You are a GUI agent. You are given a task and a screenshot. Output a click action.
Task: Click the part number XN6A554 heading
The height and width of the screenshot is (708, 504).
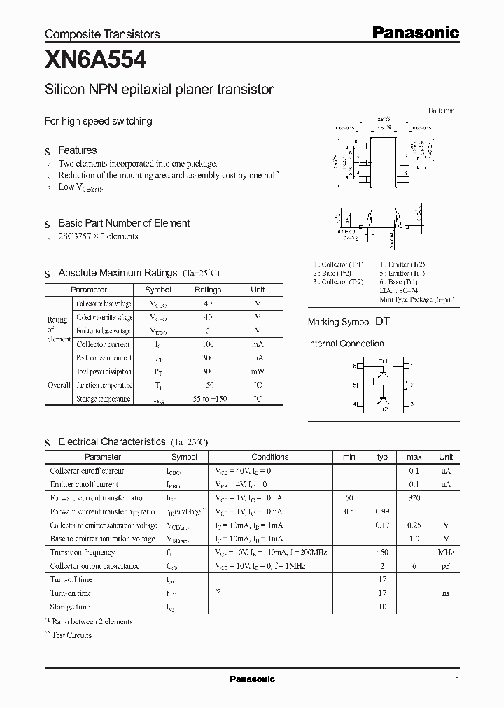click(x=96, y=61)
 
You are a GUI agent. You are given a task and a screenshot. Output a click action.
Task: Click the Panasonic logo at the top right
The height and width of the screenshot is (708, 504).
click(x=414, y=32)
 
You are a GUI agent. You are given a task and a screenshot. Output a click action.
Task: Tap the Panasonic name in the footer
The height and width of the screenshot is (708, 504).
click(x=253, y=679)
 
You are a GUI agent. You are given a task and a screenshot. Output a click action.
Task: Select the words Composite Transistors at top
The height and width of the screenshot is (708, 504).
click(x=102, y=34)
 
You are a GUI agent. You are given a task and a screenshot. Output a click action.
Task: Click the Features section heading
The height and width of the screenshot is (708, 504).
click(x=77, y=150)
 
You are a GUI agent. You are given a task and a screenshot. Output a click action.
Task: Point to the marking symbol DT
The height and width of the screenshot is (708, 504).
click(x=382, y=322)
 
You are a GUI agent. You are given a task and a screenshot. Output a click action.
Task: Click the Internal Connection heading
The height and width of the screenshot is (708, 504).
click(x=346, y=344)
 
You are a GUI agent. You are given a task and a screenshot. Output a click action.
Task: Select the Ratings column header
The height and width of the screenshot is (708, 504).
click(x=208, y=290)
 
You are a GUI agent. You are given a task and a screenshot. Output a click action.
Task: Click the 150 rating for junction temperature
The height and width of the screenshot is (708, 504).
click(x=208, y=385)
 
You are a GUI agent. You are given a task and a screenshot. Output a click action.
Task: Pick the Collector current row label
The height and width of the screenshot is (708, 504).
click(x=103, y=344)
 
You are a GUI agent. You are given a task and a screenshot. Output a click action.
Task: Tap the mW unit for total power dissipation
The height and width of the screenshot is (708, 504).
click(x=258, y=371)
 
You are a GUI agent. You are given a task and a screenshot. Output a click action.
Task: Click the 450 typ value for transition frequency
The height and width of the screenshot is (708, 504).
click(x=381, y=552)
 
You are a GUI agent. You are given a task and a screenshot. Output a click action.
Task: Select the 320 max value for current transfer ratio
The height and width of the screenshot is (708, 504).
click(x=414, y=497)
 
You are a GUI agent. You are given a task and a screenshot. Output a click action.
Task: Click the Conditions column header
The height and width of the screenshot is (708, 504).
click(x=270, y=457)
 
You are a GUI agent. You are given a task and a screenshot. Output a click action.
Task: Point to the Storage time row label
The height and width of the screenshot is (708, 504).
click(x=70, y=607)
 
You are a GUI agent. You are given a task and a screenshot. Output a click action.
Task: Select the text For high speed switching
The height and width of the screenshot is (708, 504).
click(x=99, y=121)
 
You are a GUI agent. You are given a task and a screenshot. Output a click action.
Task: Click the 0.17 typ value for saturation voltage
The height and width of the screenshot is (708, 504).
click(x=381, y=525)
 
